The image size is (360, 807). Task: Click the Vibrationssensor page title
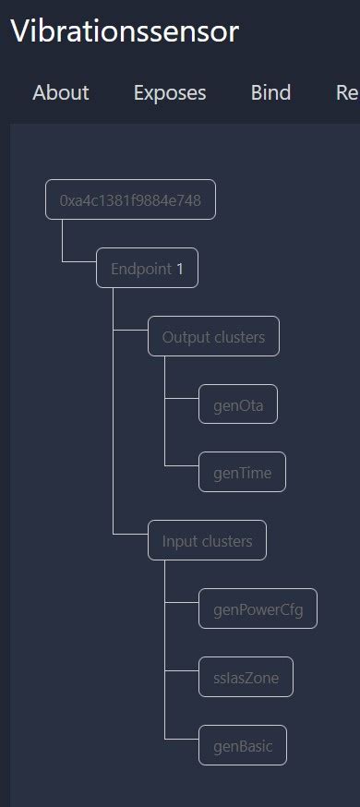click(125, 31)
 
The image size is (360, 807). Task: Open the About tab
click(61, 92)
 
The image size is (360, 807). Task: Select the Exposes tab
click(170, 92)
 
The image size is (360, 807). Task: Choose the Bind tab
click(270, 92)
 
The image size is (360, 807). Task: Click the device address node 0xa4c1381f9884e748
click(130, 199)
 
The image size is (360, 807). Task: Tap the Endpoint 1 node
click(147, 269)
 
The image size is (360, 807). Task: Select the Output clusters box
click(213, 337)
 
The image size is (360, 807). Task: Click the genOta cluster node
click(238, 404)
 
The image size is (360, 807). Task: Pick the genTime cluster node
click(243, 473)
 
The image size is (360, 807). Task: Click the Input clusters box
click(207, 540)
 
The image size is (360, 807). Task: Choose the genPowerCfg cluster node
click(258, 608)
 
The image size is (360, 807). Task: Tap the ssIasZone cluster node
click(246, 677)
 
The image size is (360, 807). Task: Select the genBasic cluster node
click(243, 745)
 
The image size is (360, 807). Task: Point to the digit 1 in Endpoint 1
click(180, 269)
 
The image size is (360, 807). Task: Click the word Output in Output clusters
click(185, 337)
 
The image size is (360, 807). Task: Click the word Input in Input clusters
click(179, 540)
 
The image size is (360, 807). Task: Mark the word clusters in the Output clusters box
click(238, 337)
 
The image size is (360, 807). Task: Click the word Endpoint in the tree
click(141, 269)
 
